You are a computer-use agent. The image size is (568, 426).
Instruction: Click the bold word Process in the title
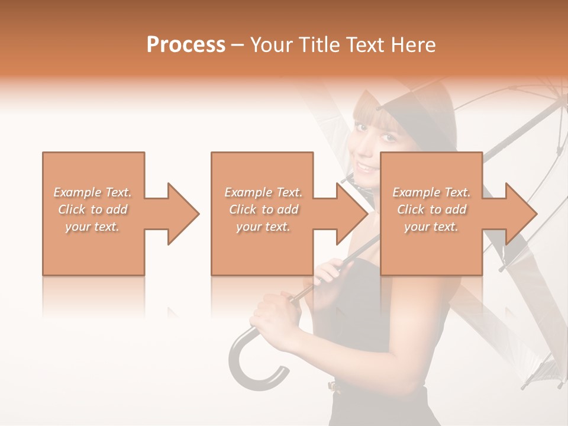tap(186, 44)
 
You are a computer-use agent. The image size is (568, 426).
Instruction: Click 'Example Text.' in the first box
tap(92, 192)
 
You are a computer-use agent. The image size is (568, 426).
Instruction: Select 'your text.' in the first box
tap(92, 227)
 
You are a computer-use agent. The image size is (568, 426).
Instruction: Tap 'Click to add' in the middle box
tap(263, 209)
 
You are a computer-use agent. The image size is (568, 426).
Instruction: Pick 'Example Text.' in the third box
tap(431, 192)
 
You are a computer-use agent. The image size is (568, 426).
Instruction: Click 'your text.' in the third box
tap(431, 227)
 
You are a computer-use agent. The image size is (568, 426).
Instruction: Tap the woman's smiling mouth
tap(367, 167)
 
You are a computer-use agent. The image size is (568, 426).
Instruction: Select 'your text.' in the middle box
tap(263, 227)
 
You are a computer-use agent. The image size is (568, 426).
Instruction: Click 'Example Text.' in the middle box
tap(263, 192)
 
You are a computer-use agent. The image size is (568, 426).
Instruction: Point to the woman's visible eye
tap(388, 137)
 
